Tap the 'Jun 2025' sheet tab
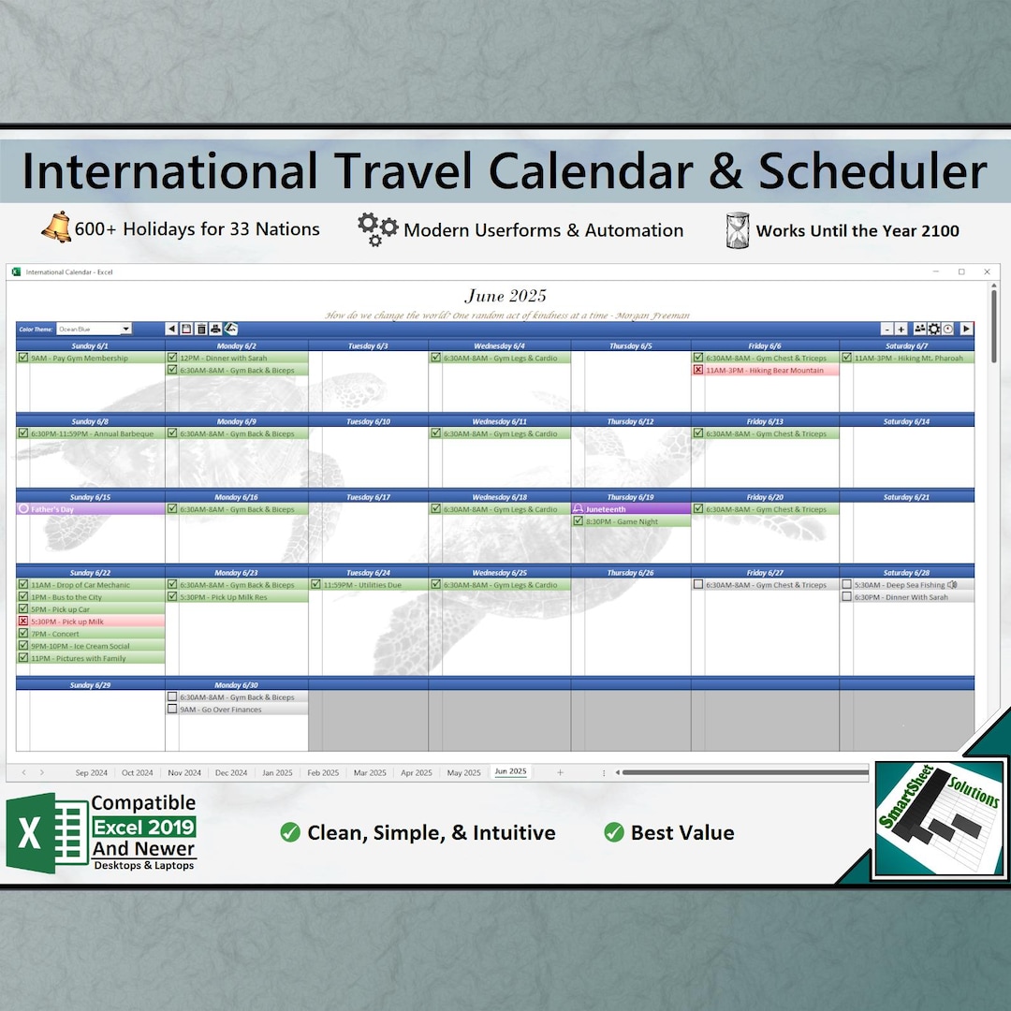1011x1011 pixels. (x=510, y=772)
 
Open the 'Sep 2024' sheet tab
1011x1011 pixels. (x=92, y=772)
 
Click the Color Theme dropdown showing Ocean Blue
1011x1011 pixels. (x=94, y=329)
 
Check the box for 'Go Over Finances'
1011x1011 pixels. (x=172, y=710)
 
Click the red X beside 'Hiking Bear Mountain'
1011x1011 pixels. (x=698, y=370)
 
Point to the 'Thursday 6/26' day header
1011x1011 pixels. (x=630, y=572)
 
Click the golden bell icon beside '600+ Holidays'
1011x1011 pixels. (x=55, y=228)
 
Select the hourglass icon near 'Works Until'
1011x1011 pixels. (x=738, y=230)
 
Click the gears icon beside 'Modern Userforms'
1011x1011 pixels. (x=377, y=229)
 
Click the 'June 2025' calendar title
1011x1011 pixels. (x=505, y=296)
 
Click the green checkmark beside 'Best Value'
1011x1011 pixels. (x=614, y=832)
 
